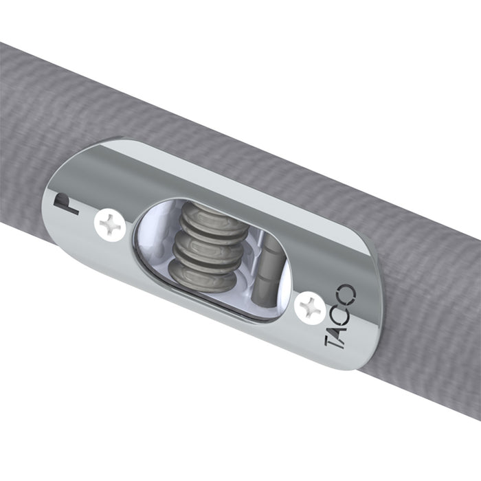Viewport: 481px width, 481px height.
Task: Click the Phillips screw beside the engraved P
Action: [x=111, y=225]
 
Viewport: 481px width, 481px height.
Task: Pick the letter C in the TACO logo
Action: [x=344, y=309]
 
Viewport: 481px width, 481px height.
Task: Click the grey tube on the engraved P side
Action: [x=27, y=137]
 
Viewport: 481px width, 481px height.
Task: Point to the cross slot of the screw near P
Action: [x=111, y=225]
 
